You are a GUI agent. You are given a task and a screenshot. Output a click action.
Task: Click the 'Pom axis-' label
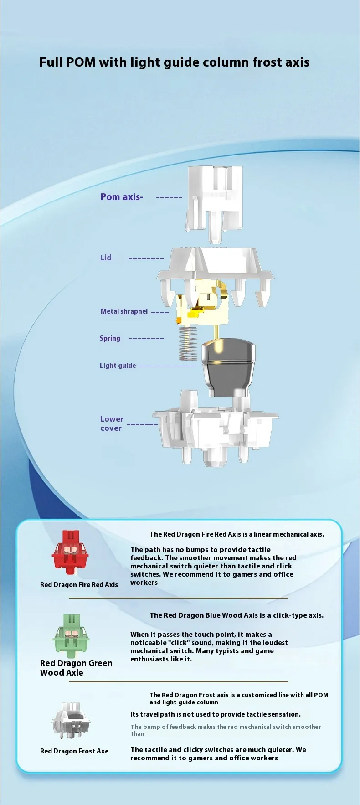coord(122,197)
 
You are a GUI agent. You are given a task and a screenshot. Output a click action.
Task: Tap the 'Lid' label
coord(106,258)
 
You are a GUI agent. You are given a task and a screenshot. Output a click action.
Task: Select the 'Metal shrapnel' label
coord(124,311)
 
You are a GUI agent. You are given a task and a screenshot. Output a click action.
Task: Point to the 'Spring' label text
coord(110,338)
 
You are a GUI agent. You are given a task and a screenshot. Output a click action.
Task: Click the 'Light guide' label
coord(118,366)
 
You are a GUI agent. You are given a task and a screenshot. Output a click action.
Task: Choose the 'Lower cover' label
coord(112,423)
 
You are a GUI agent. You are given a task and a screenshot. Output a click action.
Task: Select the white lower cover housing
coord(215,431)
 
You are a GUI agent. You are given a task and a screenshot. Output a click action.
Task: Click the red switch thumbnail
coord(70,552)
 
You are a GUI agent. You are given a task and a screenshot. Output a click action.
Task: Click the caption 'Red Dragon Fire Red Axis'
coord(79,585)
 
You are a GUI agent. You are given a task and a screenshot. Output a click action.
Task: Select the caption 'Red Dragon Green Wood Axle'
coord(76,668)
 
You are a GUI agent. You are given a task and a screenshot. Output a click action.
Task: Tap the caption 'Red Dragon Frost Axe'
coord(74,751)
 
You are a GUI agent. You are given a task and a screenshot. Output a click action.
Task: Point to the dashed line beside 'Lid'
coord(146,259)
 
